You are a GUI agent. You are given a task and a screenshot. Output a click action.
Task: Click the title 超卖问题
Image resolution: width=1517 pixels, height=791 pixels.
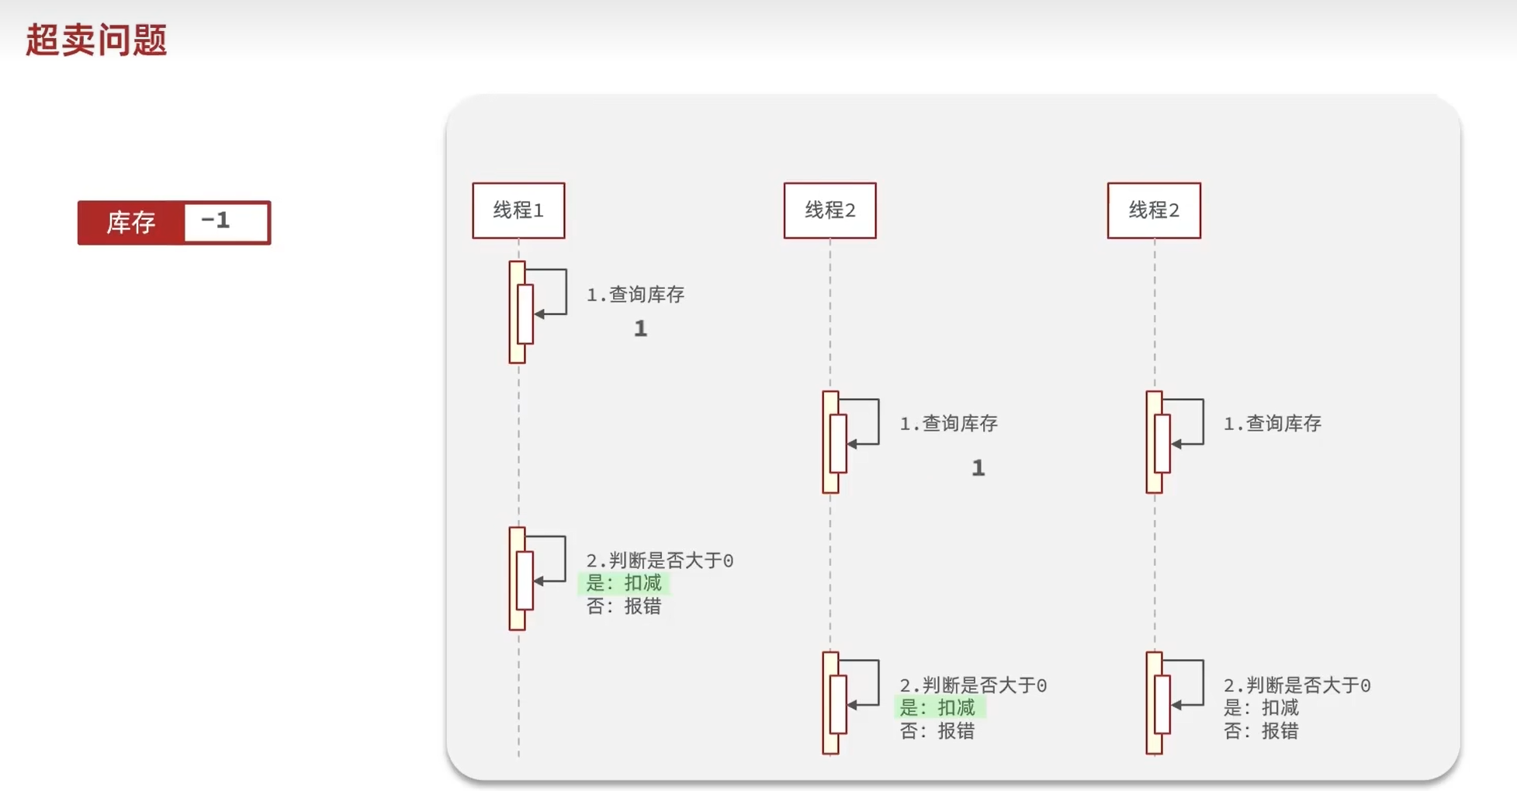point(96,40)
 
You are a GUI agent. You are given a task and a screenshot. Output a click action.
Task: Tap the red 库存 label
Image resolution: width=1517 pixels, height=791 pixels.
point(131,223)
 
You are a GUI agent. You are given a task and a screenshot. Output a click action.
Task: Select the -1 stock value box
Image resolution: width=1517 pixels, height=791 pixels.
point(226,222)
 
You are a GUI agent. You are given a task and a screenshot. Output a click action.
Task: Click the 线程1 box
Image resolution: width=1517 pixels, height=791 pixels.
point(518,210)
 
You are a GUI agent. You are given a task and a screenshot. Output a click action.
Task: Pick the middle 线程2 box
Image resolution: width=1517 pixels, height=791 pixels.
point(830,210)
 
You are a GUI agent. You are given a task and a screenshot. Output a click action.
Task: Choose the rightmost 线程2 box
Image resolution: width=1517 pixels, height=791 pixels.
point(1154,210)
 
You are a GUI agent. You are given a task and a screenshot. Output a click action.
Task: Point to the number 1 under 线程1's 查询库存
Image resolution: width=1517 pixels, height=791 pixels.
point(640,329)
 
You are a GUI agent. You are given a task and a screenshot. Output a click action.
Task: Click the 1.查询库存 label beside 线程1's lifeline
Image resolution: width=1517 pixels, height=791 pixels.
point(635,294)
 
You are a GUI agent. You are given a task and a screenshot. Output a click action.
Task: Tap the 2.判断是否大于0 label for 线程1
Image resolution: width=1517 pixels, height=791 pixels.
point(660,560)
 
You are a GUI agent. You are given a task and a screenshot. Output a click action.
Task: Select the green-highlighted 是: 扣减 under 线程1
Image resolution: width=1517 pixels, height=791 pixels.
point(624,583)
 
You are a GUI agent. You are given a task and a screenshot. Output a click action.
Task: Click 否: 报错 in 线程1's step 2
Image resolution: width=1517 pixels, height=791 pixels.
point(624,606)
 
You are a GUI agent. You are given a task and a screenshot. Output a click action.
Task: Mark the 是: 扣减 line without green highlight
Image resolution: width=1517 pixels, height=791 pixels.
point(1261,708)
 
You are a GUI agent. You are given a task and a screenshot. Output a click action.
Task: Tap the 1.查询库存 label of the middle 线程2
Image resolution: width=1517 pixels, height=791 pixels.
point(948,423)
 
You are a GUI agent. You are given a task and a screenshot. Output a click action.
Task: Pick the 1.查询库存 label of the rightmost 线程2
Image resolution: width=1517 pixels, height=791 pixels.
point(1273,423)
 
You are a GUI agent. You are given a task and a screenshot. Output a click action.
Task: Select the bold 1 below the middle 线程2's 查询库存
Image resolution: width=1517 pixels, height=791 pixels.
point(978,468)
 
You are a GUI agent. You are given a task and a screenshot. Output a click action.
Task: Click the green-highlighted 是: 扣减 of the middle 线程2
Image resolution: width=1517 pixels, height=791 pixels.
point(937,708)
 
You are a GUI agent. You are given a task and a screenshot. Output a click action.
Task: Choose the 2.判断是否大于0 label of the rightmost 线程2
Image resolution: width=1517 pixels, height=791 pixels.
point(1297,685)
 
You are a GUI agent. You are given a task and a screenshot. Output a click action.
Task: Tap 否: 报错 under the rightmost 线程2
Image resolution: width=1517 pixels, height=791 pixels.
point(1261,731)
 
